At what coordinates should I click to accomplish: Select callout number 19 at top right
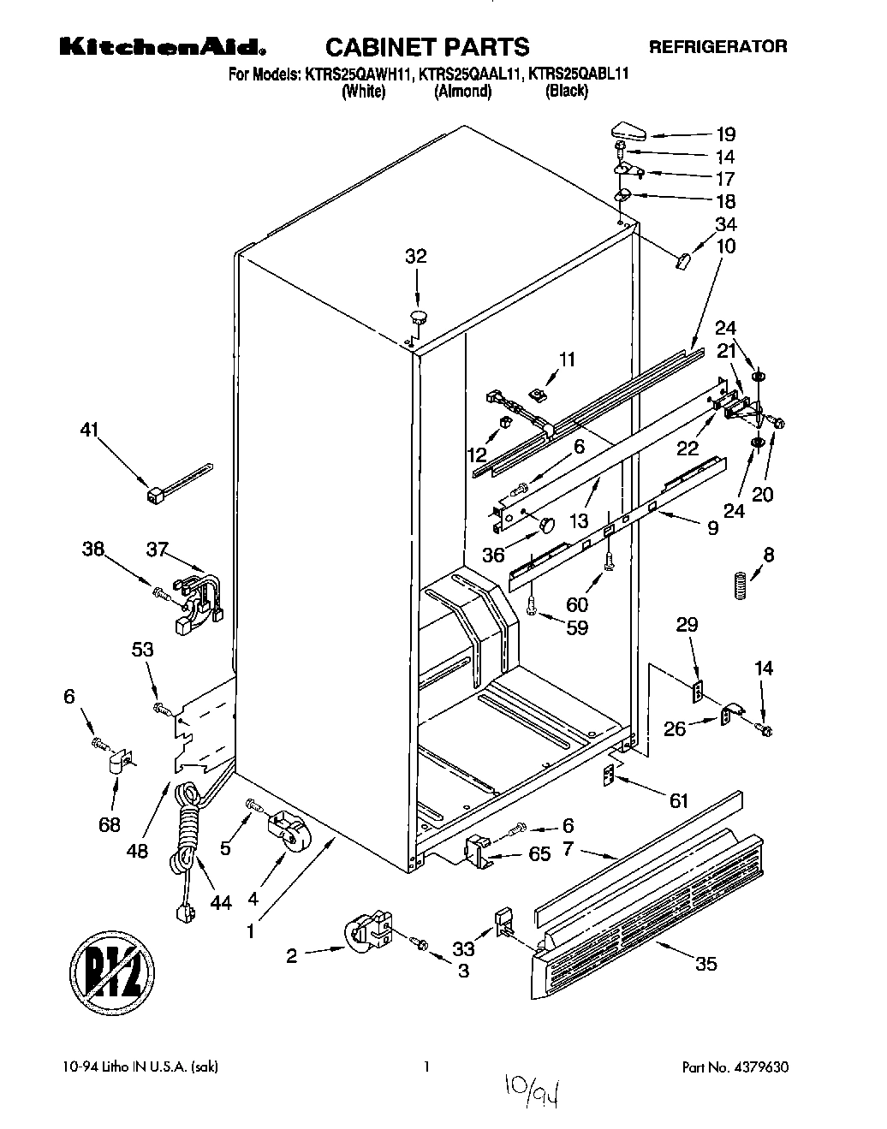(725, 134)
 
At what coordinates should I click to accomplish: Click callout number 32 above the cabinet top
(415, 256)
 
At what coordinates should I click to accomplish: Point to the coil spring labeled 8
(742, 586)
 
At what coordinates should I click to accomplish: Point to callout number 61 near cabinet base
(678, 800)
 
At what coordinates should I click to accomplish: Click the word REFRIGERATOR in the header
(717, 46)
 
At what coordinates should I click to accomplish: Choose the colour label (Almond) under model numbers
(462, 92)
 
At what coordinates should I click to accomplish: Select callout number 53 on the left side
(142, 650)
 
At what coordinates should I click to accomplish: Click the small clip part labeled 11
(539, 395)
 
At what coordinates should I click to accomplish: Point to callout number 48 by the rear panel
(137, 851)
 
